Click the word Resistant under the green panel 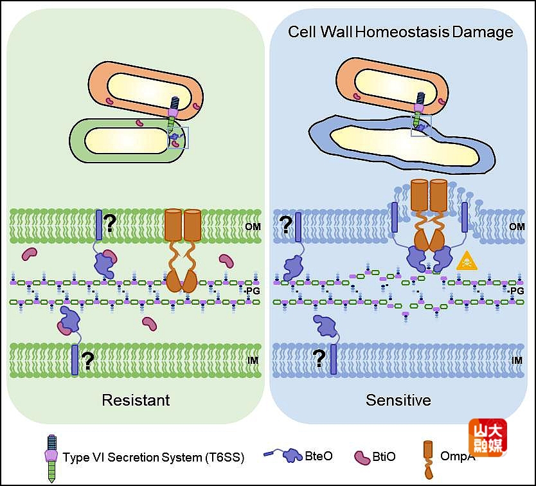point(136,400)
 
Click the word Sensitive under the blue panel point(398,400)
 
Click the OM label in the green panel point(254,227)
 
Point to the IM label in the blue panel point(516,361)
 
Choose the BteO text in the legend point(319,456)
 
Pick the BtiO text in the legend point(384,457)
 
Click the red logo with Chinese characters point(487,438)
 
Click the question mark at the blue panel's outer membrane point(285,225)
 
